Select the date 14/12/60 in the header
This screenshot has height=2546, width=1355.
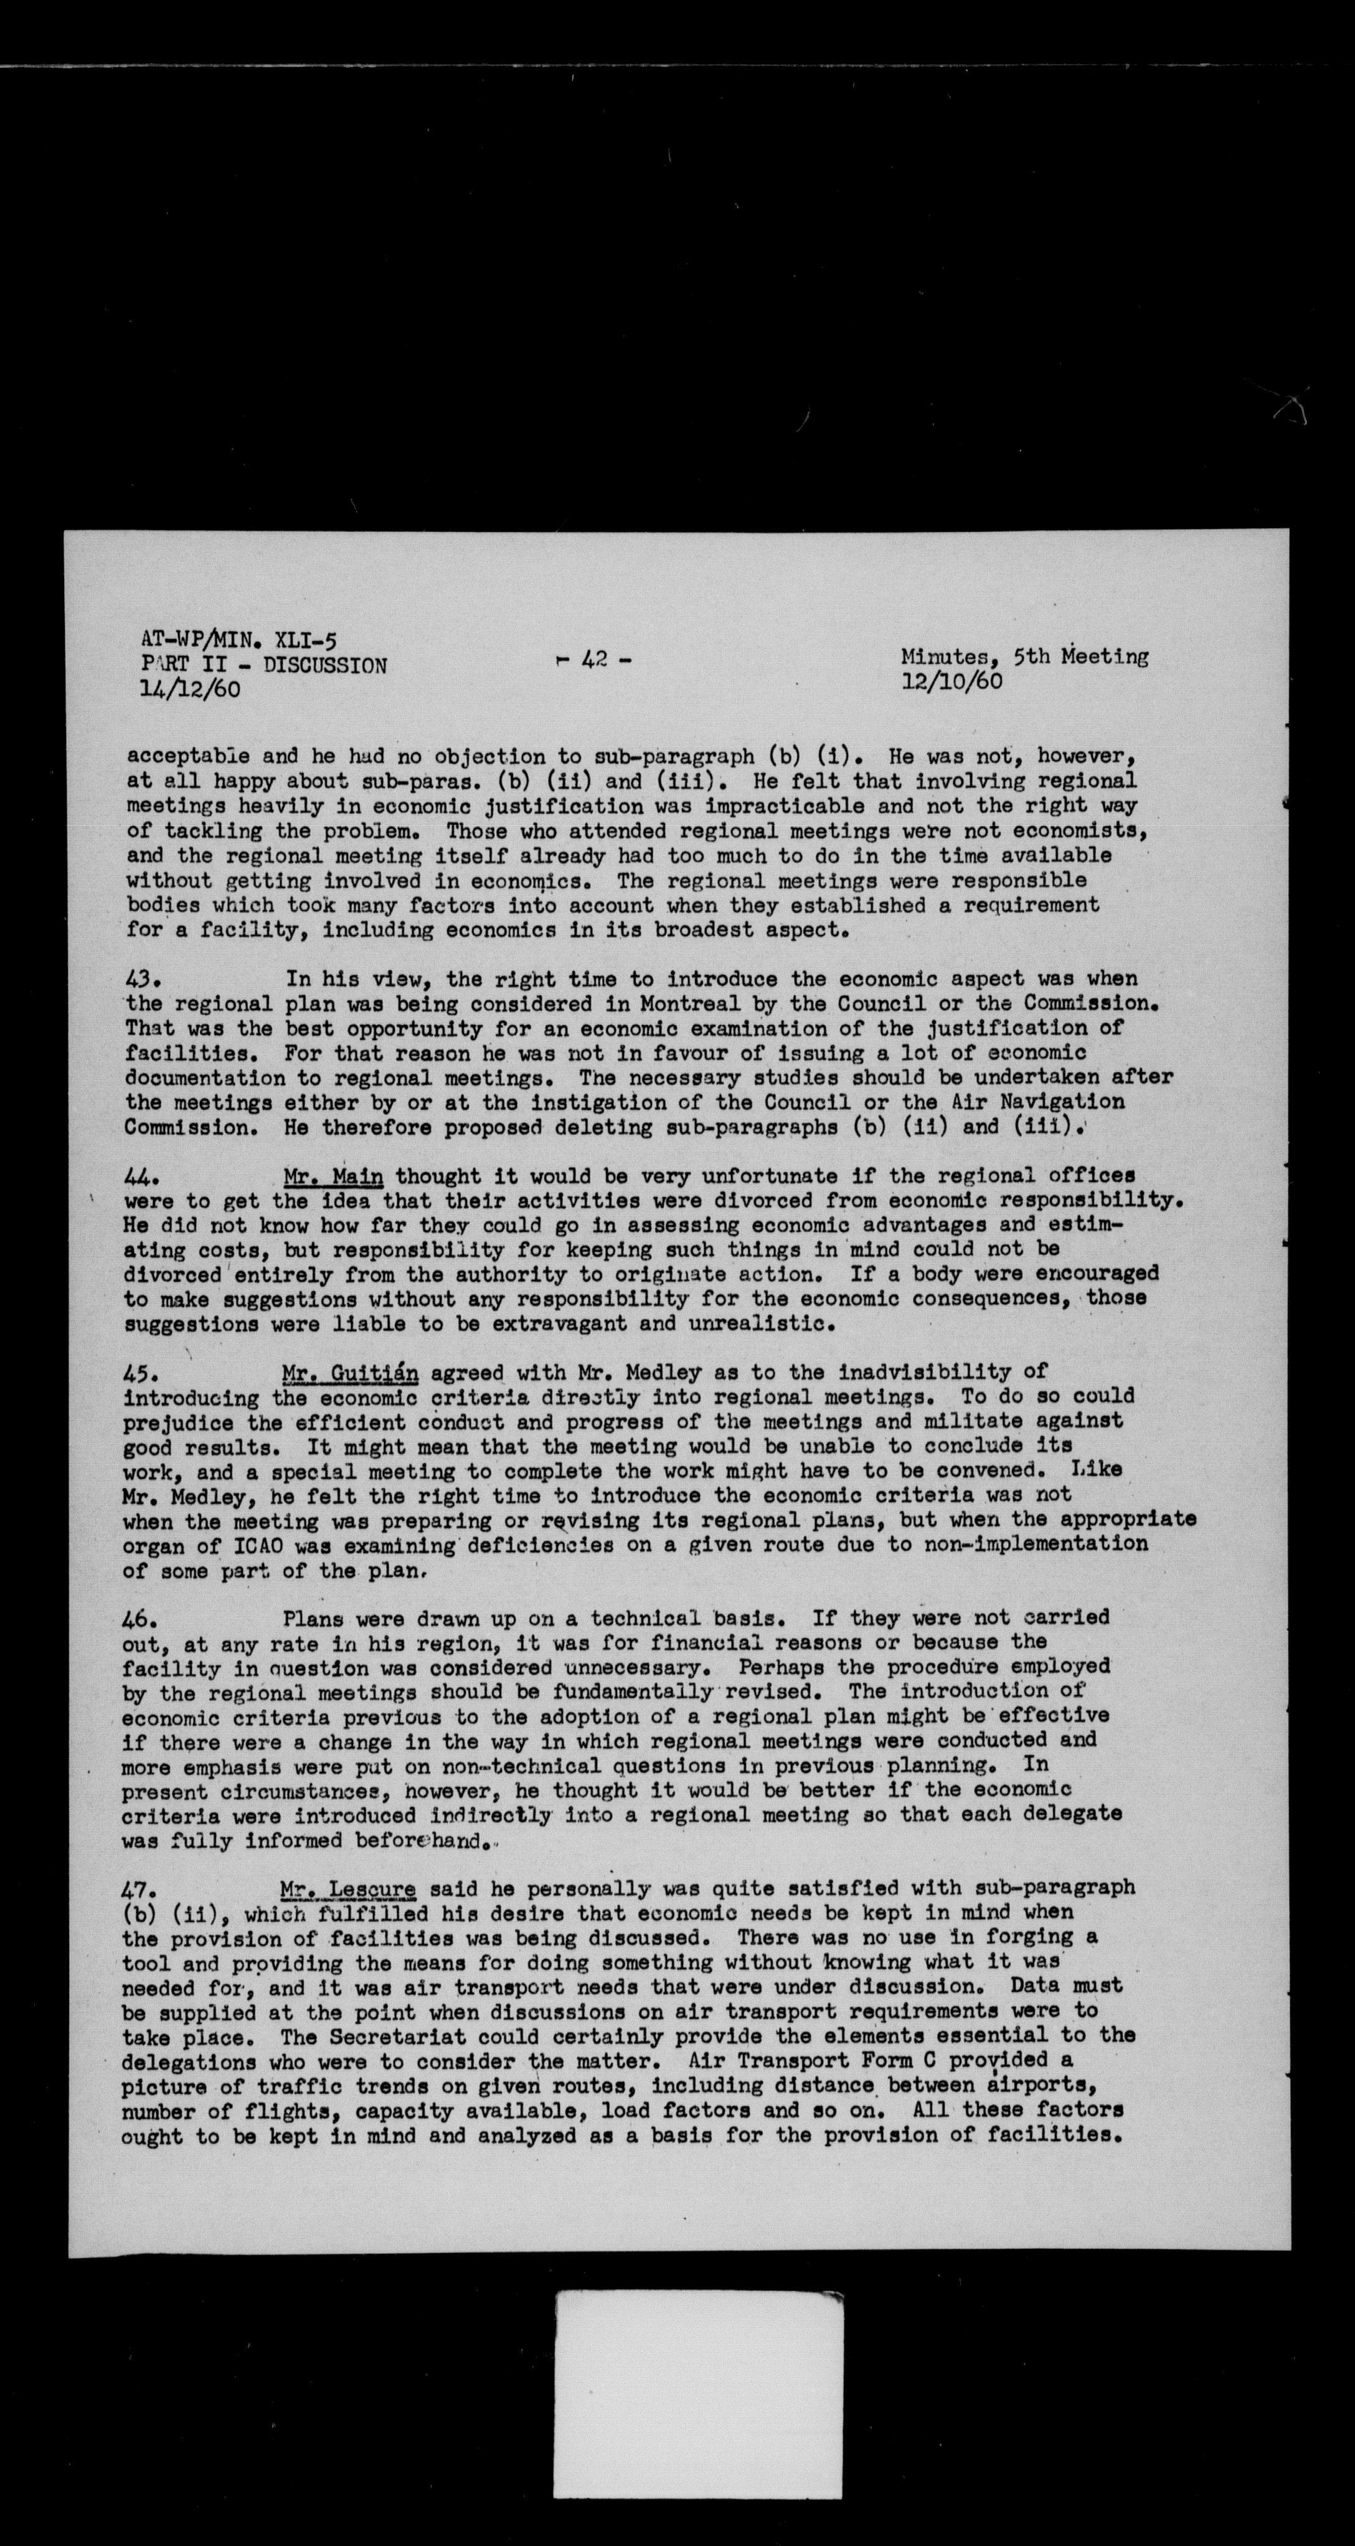(x=190, y=689)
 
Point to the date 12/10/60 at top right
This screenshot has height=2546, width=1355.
(x=951, y=680)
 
